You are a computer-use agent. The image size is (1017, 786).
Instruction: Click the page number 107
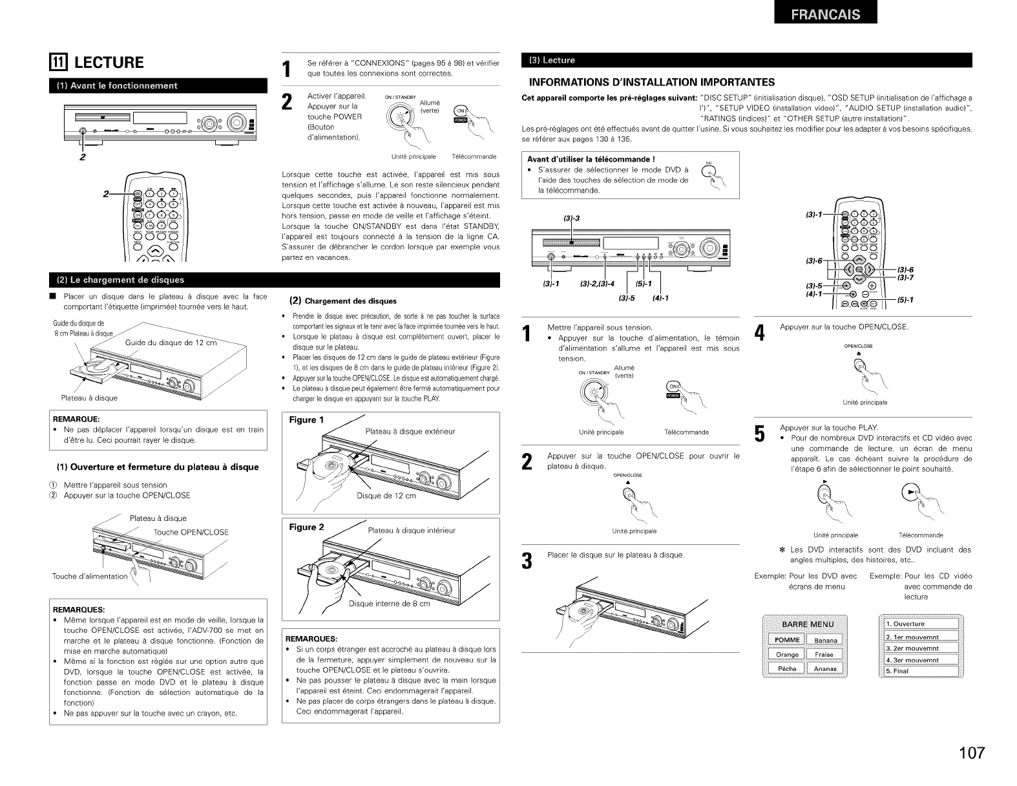971,753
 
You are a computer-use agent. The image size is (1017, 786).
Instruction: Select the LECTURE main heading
109,63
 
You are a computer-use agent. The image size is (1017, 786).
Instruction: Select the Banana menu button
825,641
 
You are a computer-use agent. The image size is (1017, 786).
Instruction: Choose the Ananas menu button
825,668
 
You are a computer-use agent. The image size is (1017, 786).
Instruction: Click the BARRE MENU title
807,624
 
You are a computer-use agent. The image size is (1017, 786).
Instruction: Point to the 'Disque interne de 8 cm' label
389,604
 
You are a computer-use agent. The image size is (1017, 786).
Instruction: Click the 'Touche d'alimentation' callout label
90,577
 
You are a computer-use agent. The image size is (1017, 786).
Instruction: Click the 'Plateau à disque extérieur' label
410,431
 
